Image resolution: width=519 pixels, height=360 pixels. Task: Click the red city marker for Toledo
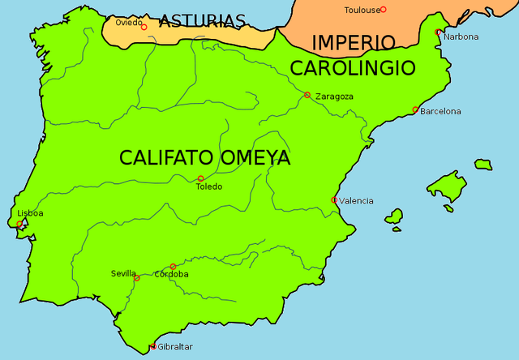(200, 178)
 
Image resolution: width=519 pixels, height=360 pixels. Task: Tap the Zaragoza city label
(334, 96)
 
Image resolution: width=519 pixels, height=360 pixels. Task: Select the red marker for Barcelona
(415, 110)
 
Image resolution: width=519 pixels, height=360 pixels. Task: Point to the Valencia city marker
(334, 199)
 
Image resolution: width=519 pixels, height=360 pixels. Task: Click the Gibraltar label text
(176, 347)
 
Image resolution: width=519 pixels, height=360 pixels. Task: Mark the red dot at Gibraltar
(153, 347)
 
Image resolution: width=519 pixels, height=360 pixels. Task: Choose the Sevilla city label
(124, 273)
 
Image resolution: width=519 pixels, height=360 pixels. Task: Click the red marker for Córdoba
(173, 266)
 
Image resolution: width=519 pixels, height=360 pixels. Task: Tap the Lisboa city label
(30, 213)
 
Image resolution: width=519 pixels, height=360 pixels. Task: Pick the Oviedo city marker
(144, 27)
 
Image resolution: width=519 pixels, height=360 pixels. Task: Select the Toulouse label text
(361, 10)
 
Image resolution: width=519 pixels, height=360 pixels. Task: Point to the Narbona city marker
(438, 32)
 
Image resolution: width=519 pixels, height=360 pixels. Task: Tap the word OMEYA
(254, 158)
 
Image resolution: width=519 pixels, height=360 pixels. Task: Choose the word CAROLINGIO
(353, 67)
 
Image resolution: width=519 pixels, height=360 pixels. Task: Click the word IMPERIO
(354, 42)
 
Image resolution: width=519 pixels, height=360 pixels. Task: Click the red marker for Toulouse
(384, 10)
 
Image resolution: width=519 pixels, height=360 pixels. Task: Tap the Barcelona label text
(440, 111)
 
